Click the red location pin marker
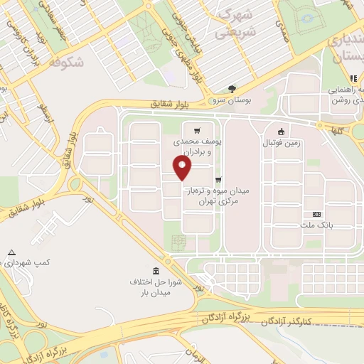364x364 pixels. pyautogui.click(x=183, y=168)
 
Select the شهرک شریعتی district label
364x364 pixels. pyautogui.click(x=235, y=23)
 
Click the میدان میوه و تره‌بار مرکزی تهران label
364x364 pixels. pyautogui.click(x=218, y=196)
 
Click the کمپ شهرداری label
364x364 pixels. pyautogui.click(x=24, y=263)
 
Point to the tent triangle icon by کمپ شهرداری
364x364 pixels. pyautogui.click(x=11, y=252)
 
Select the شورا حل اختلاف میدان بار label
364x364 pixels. pyautogui.click(x=156, y=285)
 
